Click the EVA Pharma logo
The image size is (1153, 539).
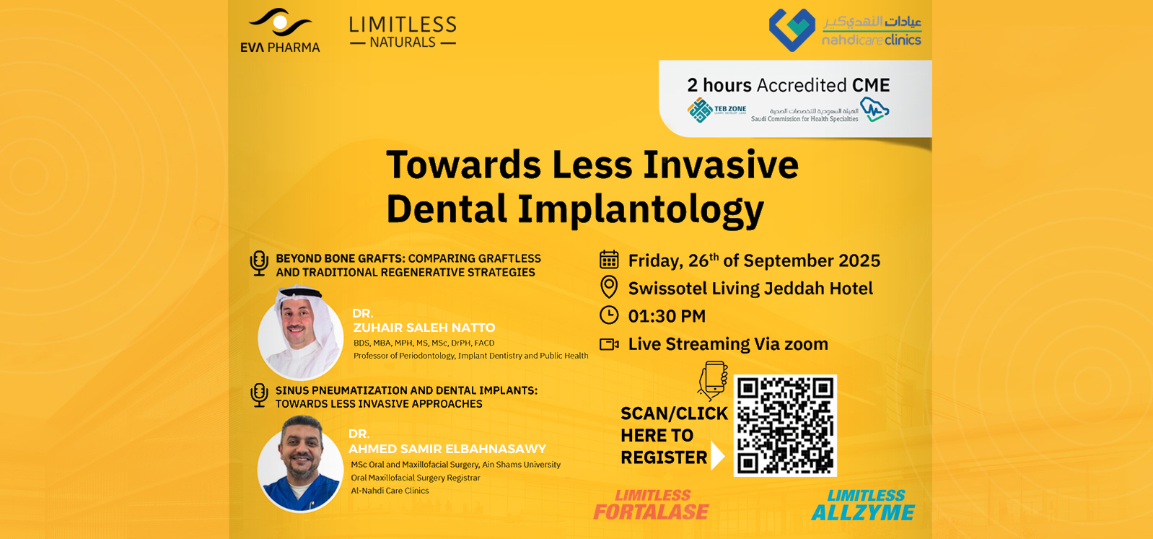coord(280,30)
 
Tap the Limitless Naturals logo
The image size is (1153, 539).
coord(403,32)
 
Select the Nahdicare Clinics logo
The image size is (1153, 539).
coord(845,30)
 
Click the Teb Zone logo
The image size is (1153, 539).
coord(716,110)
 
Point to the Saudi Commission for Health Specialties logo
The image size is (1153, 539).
coord(820,110)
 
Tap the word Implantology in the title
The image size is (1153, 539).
coord(641,210)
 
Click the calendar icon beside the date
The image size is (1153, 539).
coord(609,260)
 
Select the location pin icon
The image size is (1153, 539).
coord(609,287)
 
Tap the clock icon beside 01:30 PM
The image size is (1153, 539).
coord(609,315)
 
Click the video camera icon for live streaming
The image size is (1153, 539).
coord(609,344)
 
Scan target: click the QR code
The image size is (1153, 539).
coord(785,425)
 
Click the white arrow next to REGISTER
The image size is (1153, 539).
coord(717,455)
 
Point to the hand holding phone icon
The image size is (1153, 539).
coord(713,380)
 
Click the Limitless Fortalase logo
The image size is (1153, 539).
coord(651,505)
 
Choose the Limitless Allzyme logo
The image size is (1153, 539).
coord(863,505)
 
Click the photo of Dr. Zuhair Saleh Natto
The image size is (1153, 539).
coord(301,333)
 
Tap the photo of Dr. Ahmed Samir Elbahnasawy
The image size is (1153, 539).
coord(301,464)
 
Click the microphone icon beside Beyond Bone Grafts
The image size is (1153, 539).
coord(259,263)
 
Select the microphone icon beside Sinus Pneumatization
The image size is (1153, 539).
coord(259,395)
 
